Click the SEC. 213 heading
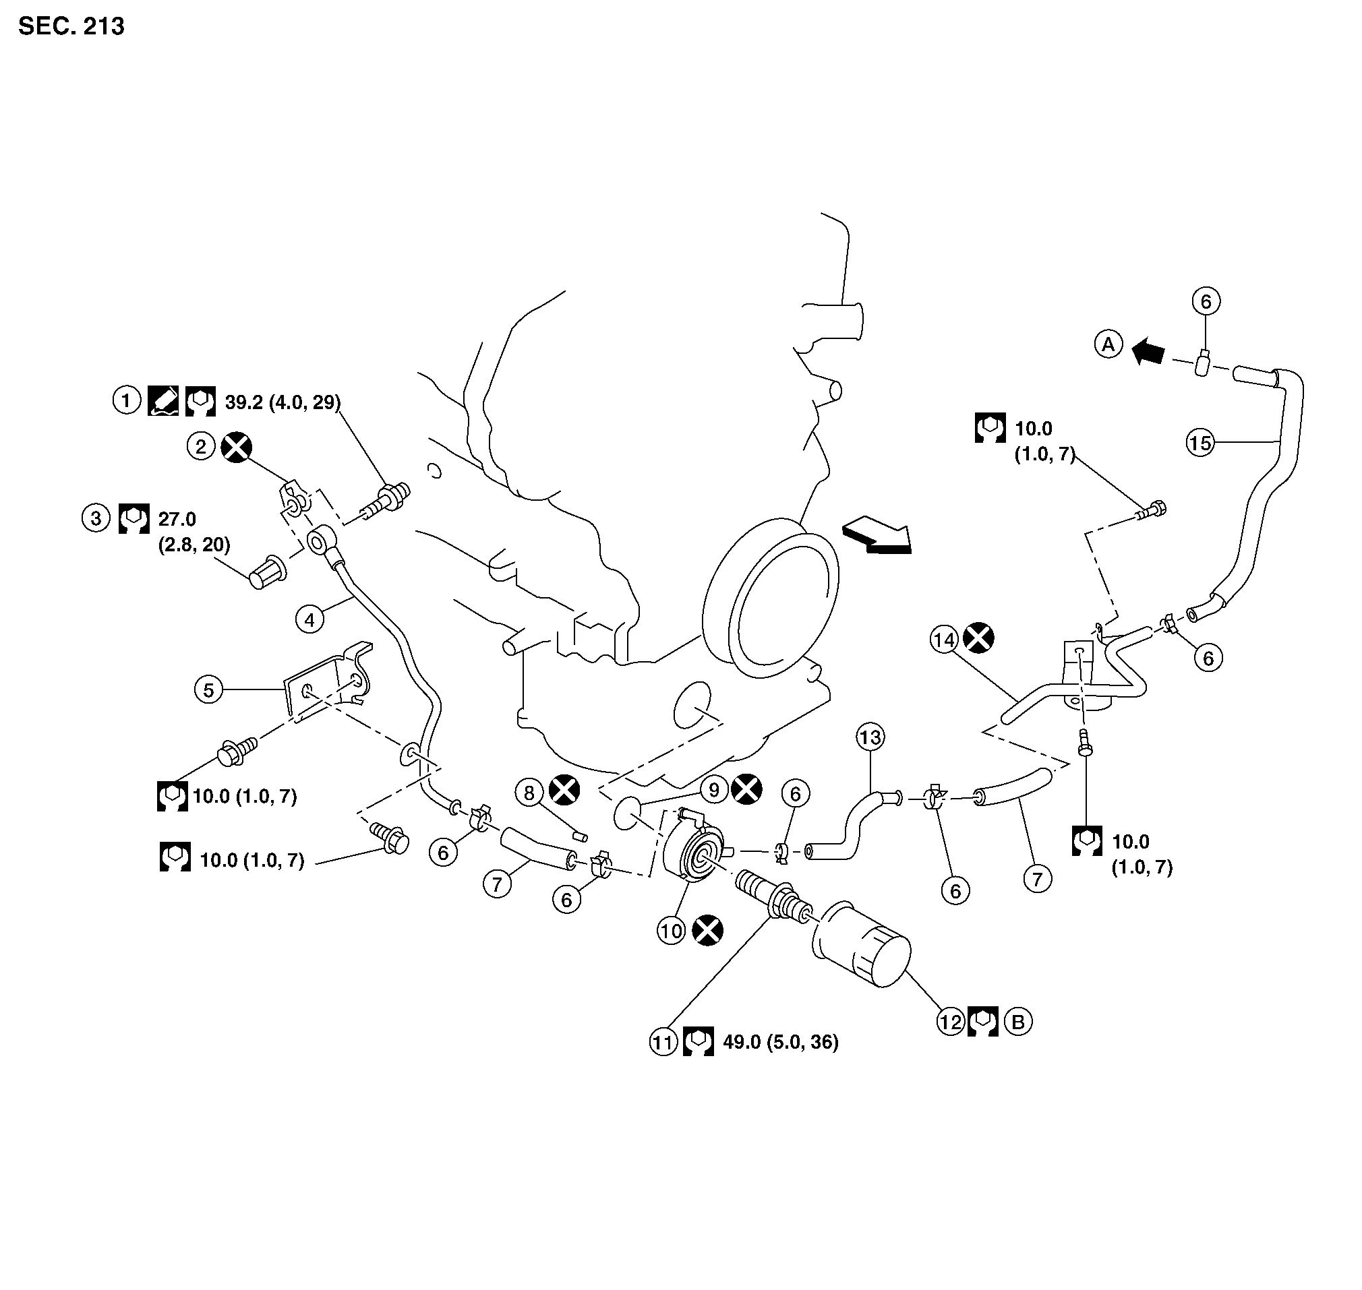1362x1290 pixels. click(71, 26)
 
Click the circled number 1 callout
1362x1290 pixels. click(127, 400)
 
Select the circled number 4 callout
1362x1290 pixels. click(309, 619)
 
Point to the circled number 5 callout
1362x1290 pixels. click(209, 689)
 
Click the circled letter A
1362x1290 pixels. click(1108, 344)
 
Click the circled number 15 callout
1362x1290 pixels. click(1200, 443)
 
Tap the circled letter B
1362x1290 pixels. click(1018, 1022)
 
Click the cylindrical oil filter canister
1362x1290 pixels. click(863, 946)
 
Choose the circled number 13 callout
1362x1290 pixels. click(870, 738)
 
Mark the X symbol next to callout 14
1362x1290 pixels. click(978, 639)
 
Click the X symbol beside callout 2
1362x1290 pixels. click(236, 448)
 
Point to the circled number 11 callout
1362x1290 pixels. click(663, 1043)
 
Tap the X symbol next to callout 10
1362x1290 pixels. click(707, 931)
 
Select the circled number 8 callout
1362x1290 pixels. click(529, 793)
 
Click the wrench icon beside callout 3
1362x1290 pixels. click(134, 519)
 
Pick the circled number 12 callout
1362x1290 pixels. click(951, 1022)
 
